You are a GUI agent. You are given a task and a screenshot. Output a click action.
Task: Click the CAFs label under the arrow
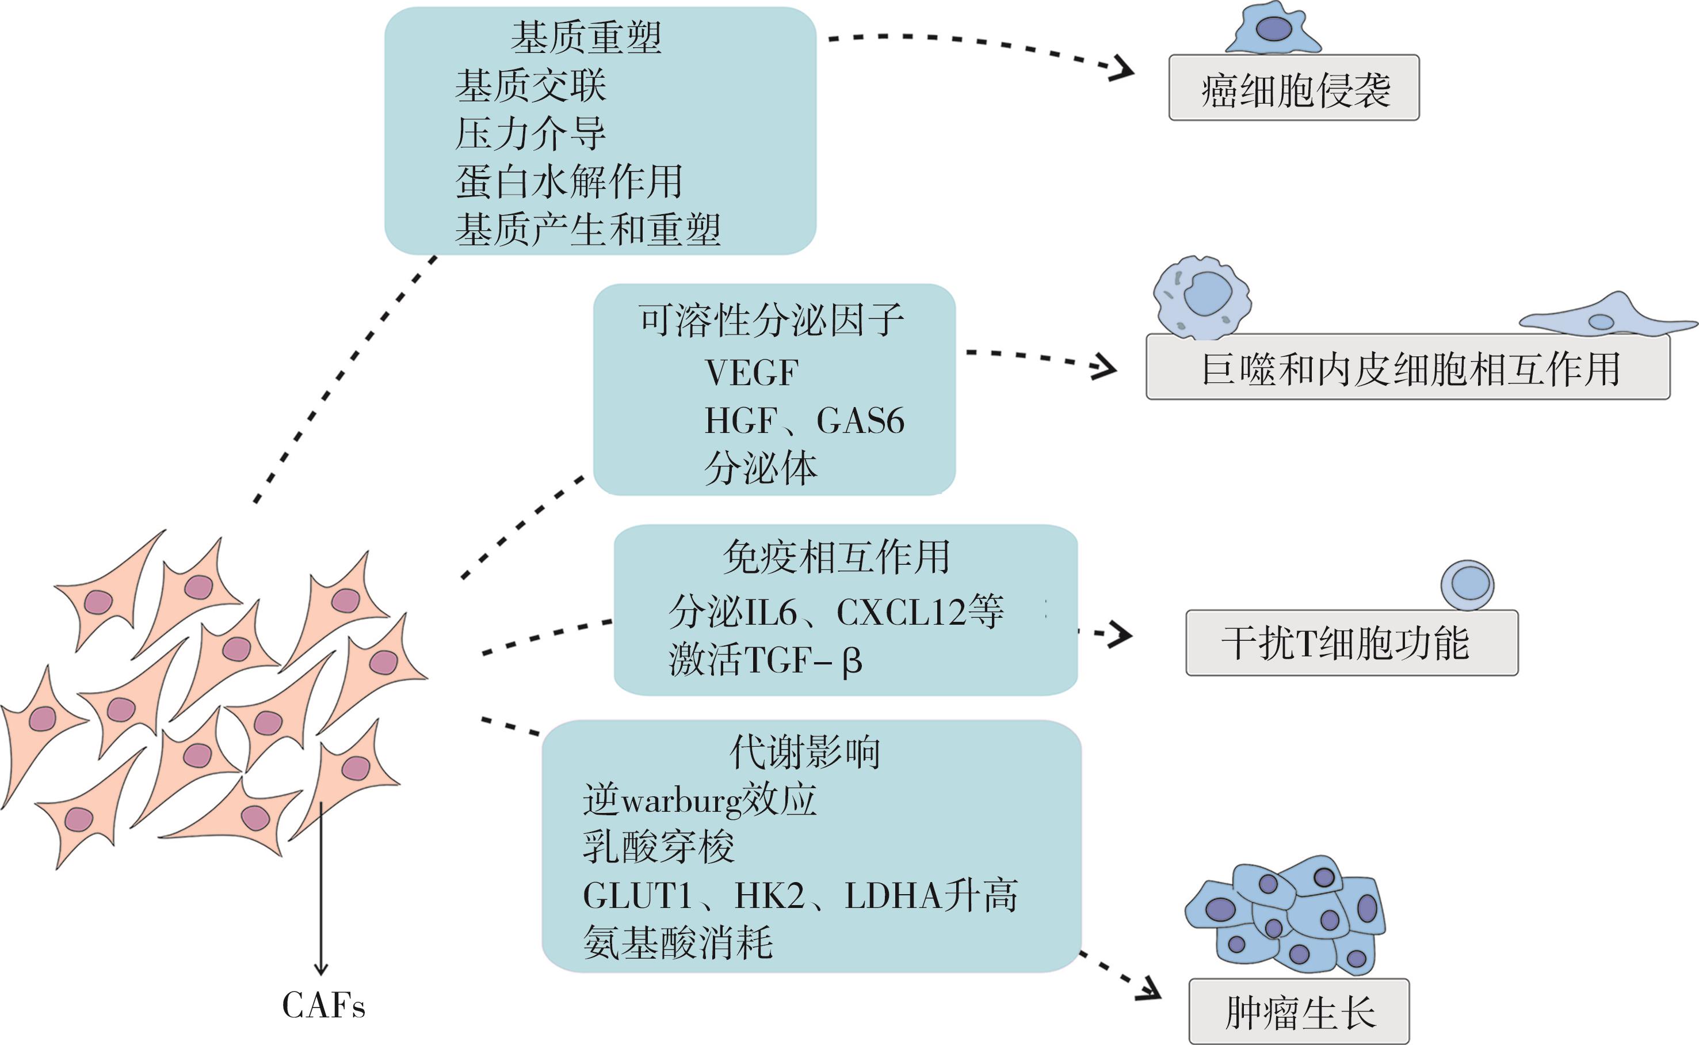[x=323, y=1006]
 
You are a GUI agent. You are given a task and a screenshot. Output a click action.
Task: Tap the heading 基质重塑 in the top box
[x=586, y=38]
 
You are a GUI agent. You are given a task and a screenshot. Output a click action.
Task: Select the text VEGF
[x=751, y=373]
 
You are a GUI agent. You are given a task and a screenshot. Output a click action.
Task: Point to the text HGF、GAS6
[x=804, y=421]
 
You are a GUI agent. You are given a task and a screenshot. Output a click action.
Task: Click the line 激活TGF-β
[x=765, y=660]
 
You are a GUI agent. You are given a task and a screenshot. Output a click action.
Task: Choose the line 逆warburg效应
[x=699, y=800]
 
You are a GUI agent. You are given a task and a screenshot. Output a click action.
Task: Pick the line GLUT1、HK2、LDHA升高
[x=800, y=896]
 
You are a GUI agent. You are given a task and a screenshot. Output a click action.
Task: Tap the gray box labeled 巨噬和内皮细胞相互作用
[x=1407, y=368]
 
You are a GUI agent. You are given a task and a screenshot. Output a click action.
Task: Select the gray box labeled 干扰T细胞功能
[x=1351, y=643]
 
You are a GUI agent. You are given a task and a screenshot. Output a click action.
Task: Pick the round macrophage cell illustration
[x=1202, y=297]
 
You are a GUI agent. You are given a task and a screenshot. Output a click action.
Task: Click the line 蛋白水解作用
[x=568, y=182]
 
